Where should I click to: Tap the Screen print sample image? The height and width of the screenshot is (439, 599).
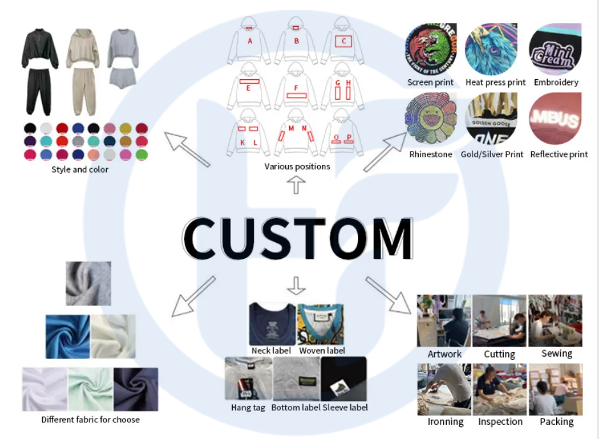point(431,50)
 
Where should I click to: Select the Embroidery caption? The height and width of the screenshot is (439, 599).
point(556,82)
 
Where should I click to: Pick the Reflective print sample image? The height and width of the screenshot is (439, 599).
point(556,119)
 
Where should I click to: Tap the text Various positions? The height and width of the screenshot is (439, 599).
point(297,167)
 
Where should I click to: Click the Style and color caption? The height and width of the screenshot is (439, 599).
point(80,170)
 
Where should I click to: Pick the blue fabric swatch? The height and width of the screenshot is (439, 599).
point(67,336)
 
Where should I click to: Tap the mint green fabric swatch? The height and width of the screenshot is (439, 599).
point(90,389)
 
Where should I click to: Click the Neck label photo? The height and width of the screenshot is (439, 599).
point(271,324)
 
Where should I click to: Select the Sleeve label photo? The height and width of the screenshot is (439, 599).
point(343,379)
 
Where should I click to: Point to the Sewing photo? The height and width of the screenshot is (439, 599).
point(555,321)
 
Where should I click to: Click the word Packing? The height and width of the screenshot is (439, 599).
point(556,422)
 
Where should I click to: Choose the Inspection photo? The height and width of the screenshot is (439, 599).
point(500,389)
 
